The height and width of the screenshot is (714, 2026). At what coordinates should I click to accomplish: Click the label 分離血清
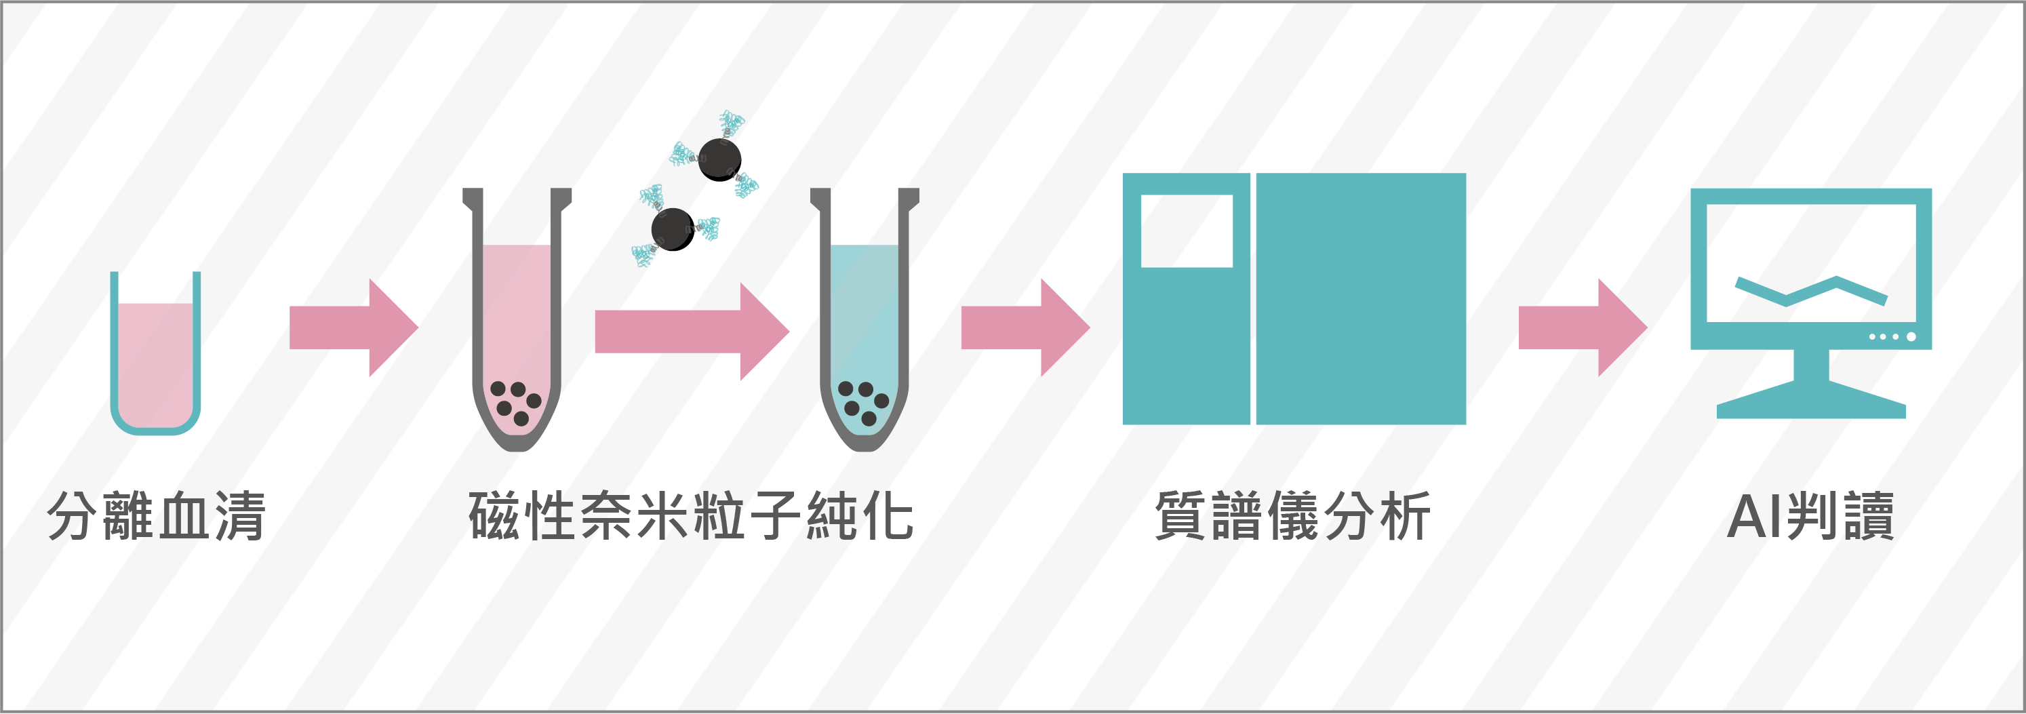coord(157,516)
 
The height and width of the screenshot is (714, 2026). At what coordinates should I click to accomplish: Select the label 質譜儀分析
coord(1292,516)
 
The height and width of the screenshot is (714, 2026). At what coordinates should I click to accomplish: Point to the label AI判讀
coord(1810,516)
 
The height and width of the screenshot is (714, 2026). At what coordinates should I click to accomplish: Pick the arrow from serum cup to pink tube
coord(354,327)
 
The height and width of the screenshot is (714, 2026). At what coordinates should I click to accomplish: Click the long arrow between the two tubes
coord(692,331)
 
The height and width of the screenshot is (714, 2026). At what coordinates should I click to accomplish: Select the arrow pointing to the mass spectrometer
coord(1026,327)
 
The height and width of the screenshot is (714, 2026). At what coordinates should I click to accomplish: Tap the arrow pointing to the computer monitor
coord(1583,327)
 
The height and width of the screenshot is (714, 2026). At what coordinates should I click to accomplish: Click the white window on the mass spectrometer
coord(1187,231)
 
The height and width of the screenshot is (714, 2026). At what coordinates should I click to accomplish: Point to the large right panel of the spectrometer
coord(1361,299)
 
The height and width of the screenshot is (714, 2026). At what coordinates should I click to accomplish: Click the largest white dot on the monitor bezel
coord(1911,336)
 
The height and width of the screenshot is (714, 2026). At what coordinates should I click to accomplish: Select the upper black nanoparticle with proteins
coord(719,159)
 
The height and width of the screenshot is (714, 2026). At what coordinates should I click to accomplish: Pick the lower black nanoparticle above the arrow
coord(673,229)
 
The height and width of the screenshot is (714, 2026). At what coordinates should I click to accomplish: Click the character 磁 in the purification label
coord(494,516)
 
